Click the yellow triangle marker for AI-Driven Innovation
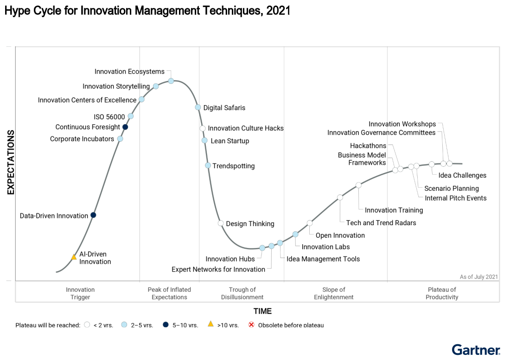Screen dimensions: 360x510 (x=74, y=257)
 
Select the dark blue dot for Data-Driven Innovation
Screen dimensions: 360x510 (x=93, y=215)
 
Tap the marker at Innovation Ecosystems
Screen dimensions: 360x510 (x=171, y=81)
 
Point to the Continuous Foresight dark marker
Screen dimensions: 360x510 (x=125, y=127)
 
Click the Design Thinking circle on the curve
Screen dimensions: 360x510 (x=221, y=223)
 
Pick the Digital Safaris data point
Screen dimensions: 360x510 (x=198, y=107)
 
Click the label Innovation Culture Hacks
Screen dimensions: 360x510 (x=246, y=128)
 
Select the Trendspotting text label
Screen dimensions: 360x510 (x=233, y=166)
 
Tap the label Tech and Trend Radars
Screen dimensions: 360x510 (x=381, y=223)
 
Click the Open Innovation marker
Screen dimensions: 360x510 (x=310, y=223)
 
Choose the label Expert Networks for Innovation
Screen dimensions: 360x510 (x=218, y=269)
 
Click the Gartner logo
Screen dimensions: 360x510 (x=476, y=350)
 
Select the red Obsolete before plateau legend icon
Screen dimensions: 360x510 (x=251, y=325)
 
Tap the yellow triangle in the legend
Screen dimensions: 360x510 (x=210, y=324)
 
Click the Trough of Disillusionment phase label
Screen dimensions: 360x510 (x=242, y=293)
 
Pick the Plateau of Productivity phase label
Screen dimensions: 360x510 (x=442, y=293)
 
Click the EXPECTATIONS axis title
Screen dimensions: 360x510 (x=11, y=162)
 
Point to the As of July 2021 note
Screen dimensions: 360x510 (x=479, y=277)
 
